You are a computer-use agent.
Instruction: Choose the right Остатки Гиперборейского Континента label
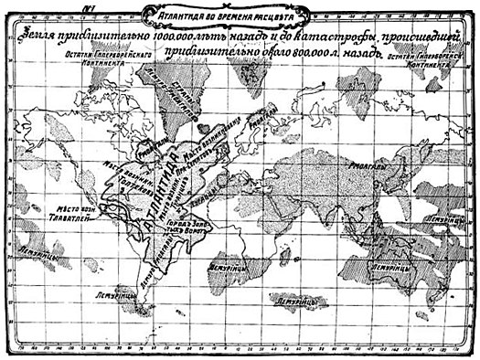[422, 61]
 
